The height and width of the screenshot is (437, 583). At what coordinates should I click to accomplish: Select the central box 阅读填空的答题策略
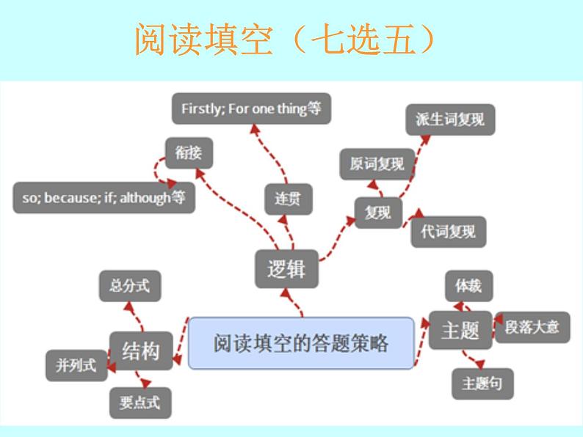(301, 342)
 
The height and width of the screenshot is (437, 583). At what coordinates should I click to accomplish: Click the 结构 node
(140, 350)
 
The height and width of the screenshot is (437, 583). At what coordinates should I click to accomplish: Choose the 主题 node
(460, 331)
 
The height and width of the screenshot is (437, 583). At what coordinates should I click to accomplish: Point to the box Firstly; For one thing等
(251, 109)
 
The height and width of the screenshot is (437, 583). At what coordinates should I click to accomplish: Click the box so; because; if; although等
(104, 198)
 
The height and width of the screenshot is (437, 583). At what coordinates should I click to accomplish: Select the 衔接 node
(189, 153)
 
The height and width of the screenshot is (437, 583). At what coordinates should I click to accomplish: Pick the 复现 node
(378, 213)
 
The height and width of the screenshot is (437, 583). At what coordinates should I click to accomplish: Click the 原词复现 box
(377, 164)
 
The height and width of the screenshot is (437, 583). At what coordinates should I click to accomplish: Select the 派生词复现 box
(450, 120)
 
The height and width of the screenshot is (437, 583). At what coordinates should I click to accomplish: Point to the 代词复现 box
(449, 232)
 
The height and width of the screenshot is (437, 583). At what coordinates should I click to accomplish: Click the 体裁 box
(468, 286)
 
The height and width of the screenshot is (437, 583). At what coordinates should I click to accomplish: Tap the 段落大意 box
(532, 326)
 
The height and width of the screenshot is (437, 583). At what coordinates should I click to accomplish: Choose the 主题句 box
(482, 383)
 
